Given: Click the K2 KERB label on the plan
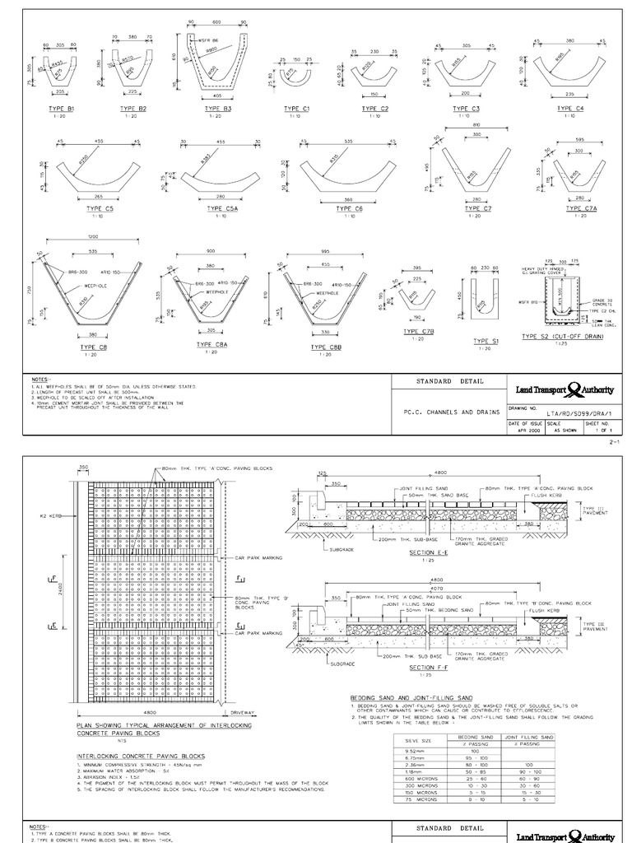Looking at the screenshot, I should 49,515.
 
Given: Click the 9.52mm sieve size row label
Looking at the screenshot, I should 409,751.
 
